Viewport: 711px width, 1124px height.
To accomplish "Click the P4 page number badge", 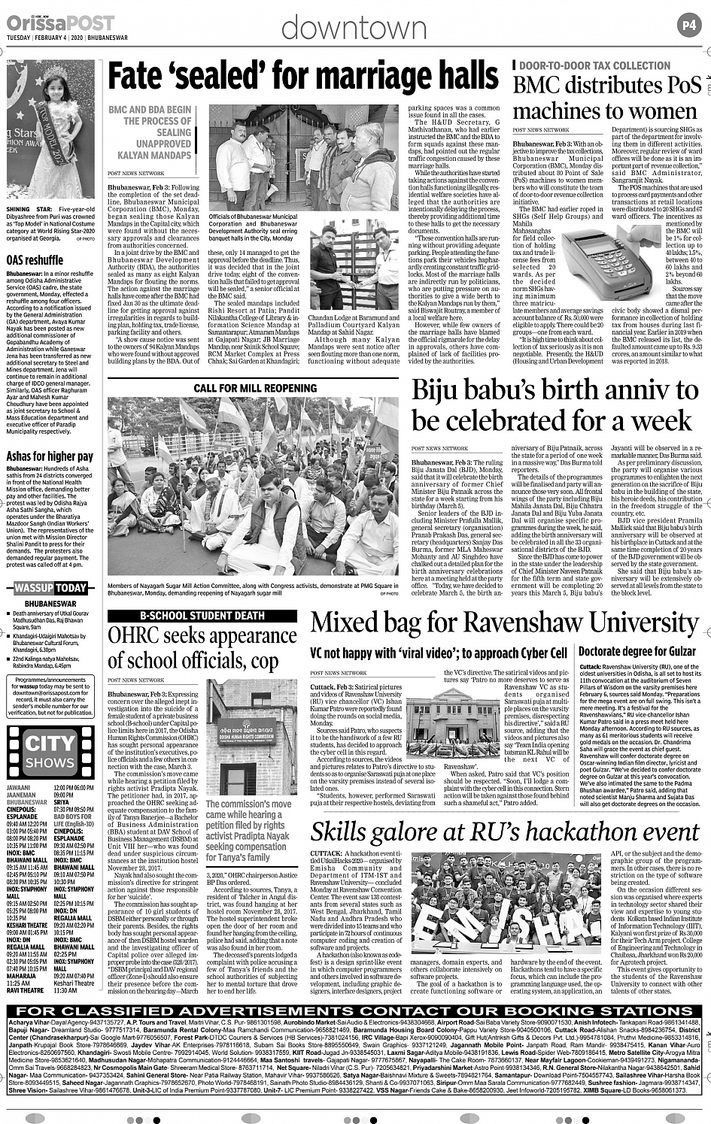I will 691,25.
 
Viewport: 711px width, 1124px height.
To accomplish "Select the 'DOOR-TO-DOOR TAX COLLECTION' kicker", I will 584,66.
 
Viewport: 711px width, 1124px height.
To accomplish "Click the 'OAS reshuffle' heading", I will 35,261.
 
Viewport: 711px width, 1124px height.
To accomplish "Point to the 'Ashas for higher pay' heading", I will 50,456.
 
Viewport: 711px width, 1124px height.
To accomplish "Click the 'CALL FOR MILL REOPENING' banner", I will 255,388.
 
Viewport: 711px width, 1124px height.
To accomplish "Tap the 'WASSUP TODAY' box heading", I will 51,588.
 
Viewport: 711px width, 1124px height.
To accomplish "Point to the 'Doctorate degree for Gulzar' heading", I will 637,651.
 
